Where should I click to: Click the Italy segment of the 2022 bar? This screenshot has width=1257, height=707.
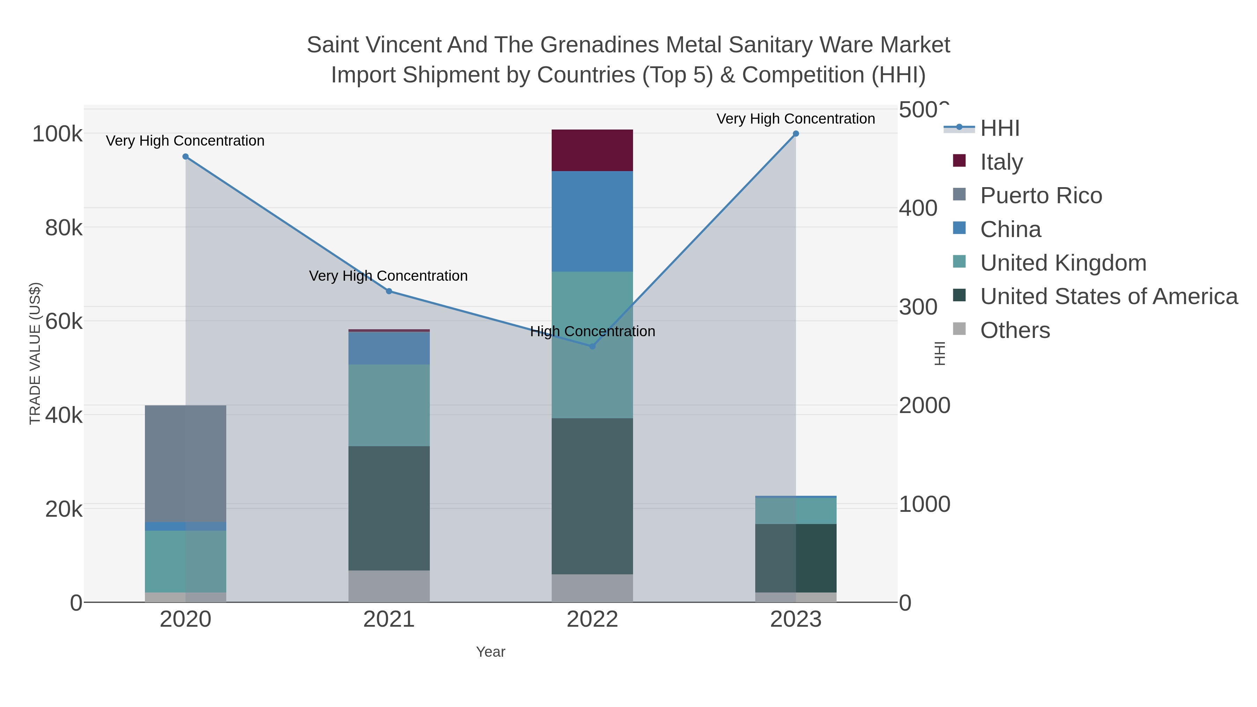pyautogui.click(x=592, y=150)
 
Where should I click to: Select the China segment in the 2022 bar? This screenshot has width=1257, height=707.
pyautogui.click(x=592, y=221)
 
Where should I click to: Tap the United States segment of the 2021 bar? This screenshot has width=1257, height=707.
pyautogui.click(x=389, y=508)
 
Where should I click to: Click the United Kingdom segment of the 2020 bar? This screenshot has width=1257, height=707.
pyautogui.click(x=185, y=561)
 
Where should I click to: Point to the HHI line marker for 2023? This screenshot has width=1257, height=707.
pyautogui.click(x=796, y=134)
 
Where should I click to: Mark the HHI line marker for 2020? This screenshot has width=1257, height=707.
pyautogui.click(x=185, y=157)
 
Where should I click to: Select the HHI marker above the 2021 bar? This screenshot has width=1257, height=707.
pyautogui.click(x=389, y=291)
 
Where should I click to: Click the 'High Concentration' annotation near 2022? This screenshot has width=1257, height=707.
pyautogui.click(x=593, y=331)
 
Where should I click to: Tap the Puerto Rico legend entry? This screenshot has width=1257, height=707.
pyautogui.click(x=1041, y=196)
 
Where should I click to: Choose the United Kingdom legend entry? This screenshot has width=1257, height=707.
pyautogui.click(x=1063, y=263)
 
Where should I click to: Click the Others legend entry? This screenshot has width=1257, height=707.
pyautogui.click(x=1015, y=330)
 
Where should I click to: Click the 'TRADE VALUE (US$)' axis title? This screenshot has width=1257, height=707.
pyautogui.click(x=35, y=353)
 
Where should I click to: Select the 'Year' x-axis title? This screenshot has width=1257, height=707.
pyautogui.click(x=491, y=652)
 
